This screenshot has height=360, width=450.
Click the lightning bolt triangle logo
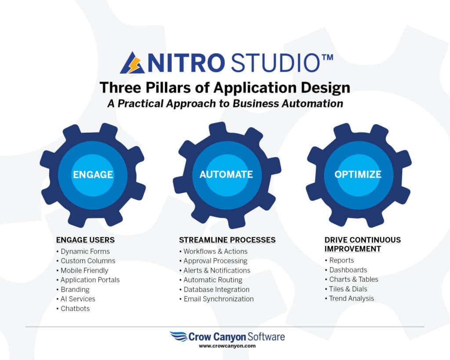pos(132,63)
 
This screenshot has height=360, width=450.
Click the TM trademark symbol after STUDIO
pos(327,58)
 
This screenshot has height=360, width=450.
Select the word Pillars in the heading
pos(168,87)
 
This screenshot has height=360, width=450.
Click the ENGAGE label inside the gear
pos(93,175)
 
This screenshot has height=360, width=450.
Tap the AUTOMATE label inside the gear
pos(226,174)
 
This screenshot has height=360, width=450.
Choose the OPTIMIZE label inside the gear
pos(358,174)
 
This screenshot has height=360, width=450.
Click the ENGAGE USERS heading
pos(85,240)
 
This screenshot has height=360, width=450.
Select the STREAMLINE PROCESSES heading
pos(227,240)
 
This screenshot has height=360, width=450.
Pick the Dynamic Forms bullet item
pos(83,251)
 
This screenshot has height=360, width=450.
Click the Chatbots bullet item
pos(73,309)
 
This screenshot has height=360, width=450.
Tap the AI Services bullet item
pos(76,299)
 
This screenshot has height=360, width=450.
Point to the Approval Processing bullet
pos(214,261)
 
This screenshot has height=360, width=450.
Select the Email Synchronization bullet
pos(217,299)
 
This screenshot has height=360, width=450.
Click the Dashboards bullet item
pos(346,270)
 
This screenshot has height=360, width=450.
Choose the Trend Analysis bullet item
pos(349,298)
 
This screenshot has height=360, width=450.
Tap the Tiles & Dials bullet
pos(346,289)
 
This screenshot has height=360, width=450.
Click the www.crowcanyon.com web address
pos(227,346)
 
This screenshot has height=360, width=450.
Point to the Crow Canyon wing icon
pos(178,336)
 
